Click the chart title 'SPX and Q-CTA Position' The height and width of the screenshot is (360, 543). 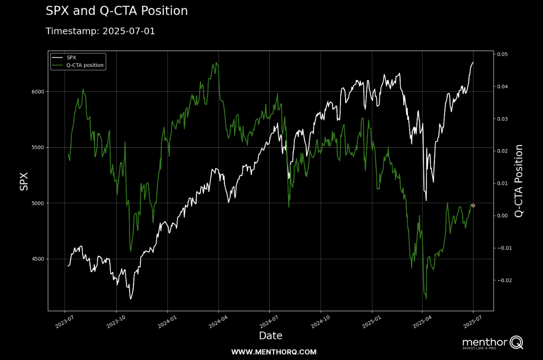click(117, 11)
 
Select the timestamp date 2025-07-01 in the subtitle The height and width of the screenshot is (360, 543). click(129, 31)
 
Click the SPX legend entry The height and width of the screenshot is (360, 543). click(64, 58)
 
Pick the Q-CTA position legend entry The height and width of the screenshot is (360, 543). click(78, 65)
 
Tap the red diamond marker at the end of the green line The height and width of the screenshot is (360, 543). click(473, 206)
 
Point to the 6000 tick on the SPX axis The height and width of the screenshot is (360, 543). click(38, 92)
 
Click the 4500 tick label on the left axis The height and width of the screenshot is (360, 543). click(38, 259)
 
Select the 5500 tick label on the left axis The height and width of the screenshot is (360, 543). click(38, 147)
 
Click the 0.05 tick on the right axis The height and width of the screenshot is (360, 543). click(502, 54)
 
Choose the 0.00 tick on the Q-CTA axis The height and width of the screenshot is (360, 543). click(502, 216)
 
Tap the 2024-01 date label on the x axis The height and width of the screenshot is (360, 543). click(167, 322)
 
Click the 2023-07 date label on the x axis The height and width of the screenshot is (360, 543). click(64, 322)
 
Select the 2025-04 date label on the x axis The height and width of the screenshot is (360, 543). click(422, 322)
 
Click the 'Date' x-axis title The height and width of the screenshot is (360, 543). click(271, 336)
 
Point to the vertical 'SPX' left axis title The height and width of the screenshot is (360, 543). click(24, 181)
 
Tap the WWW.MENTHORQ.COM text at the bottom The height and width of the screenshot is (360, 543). click(274, 352)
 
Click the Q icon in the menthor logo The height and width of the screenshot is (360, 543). click(516, 343)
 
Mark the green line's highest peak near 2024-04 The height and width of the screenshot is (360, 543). click(216, 62)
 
